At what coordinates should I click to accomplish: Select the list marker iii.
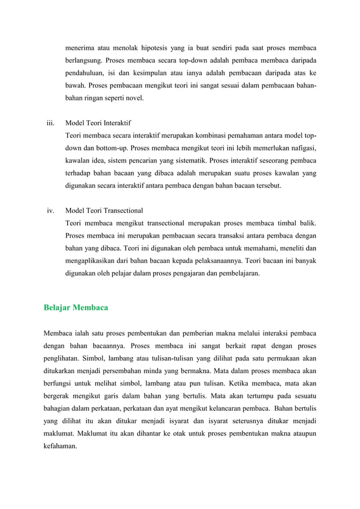pyautogui.click(x=50, y=122)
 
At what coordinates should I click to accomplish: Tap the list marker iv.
pyautogui.click(x=50, y=210)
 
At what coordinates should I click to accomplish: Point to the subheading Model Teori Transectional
pyautogui.click(x=104, y=210)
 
